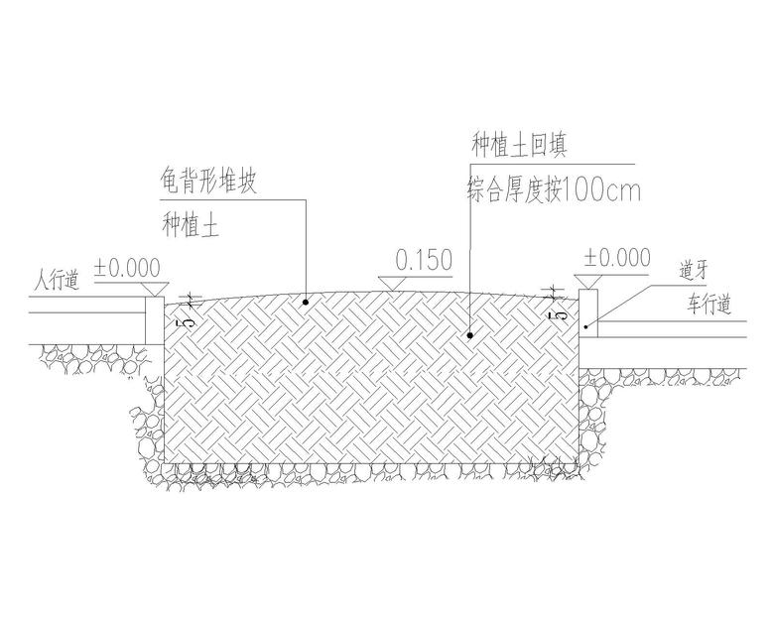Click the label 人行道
(x=54, y=281)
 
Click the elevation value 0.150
(x=424, y=261)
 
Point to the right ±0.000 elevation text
(x=617, y=258)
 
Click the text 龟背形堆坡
(x=208, y=183)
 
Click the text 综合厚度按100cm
(x=553, y=189)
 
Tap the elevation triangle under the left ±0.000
(x=154, y=287)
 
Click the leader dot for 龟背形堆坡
(x=306, y=301)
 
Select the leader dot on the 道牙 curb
(x=587, y=325)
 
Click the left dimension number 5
(x=180, y=320)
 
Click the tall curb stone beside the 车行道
(x=587, y=312)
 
